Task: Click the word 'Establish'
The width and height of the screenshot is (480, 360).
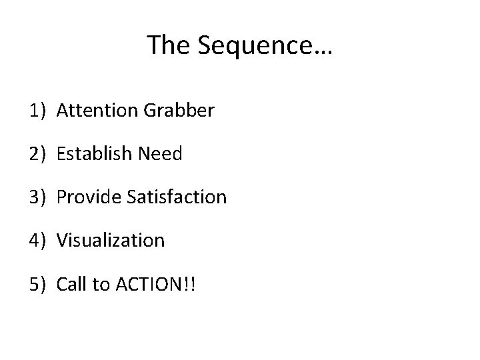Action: coord(95,154)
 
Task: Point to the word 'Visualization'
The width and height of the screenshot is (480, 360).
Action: coord(111,240)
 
